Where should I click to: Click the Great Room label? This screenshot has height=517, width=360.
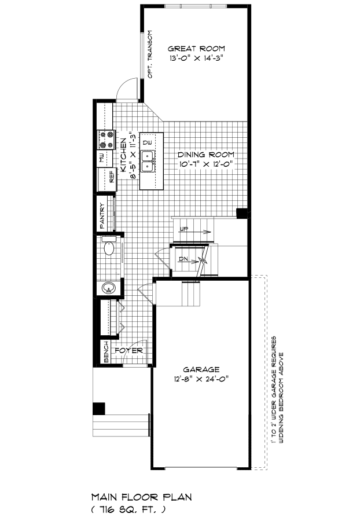pos(196,49)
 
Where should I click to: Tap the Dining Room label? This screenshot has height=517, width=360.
pos(206,155)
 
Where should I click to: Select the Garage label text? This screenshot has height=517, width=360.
pos(201,369)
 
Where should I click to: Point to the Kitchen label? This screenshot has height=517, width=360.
pos(123,155)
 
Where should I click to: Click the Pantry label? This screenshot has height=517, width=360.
pos(102,216)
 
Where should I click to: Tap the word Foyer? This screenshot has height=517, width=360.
pos(129,350)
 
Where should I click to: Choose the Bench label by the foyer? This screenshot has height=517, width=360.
pos(106,352)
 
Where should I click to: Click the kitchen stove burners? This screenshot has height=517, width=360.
pos(105,140)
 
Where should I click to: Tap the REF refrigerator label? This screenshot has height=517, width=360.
pos(112,176)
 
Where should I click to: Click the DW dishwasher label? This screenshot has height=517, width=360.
pos(148,142)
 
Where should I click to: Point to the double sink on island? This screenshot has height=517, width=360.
pos(148,161)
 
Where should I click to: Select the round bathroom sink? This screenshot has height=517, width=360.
pos(108,288)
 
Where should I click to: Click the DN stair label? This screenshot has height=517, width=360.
pos(183,259)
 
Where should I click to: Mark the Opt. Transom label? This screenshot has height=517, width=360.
pos(150,54)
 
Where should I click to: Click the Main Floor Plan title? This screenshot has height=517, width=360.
pos(141,497)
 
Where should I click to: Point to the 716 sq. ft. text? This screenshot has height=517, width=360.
pos(128,509)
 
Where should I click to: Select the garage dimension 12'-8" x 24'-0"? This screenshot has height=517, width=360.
pos(201,379)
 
